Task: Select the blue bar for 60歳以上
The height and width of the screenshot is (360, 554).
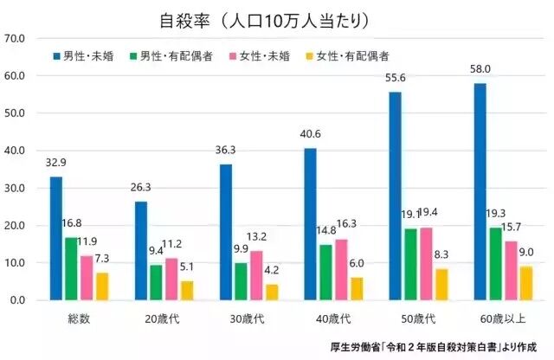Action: point(480,191)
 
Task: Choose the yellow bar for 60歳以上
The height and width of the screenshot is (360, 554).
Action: point(526,283)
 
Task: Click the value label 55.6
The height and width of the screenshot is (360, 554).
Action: point(395,78)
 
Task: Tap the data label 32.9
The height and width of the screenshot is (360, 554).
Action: point(54,163)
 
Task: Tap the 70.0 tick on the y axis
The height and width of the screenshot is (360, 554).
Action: point(16,39)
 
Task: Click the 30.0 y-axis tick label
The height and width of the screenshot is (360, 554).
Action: point(16,188)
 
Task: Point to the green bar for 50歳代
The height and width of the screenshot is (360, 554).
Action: point(409,264)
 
